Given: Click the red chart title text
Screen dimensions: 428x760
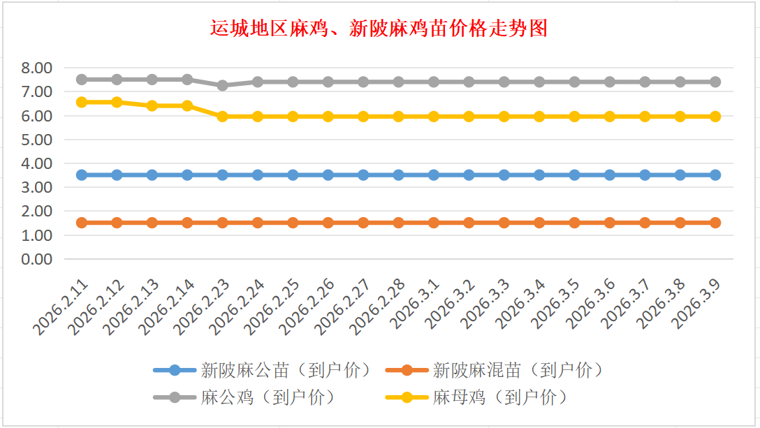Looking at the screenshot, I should tap(379, 28).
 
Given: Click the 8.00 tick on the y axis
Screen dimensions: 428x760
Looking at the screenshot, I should tap(37, 68).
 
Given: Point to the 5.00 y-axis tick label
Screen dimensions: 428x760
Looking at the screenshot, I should tap(37, 140).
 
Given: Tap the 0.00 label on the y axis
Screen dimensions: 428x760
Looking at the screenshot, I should tap(37, 259).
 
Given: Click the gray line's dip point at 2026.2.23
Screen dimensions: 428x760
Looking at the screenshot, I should tap(222, 85).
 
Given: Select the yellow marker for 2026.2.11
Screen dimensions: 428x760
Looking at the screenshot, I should tap(82, 102).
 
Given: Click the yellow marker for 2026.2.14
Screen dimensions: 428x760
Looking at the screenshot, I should tap(187, 106).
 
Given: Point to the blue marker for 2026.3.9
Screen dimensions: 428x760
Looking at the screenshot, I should tap(715, 175).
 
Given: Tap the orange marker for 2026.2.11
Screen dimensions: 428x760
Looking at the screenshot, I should tap(82, 223).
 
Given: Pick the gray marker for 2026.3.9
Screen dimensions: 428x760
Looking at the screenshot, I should tap(715, 82).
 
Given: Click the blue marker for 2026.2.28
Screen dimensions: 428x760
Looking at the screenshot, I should tap(398, 175).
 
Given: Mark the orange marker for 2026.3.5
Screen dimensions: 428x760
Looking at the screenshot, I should tap(574, 223).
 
